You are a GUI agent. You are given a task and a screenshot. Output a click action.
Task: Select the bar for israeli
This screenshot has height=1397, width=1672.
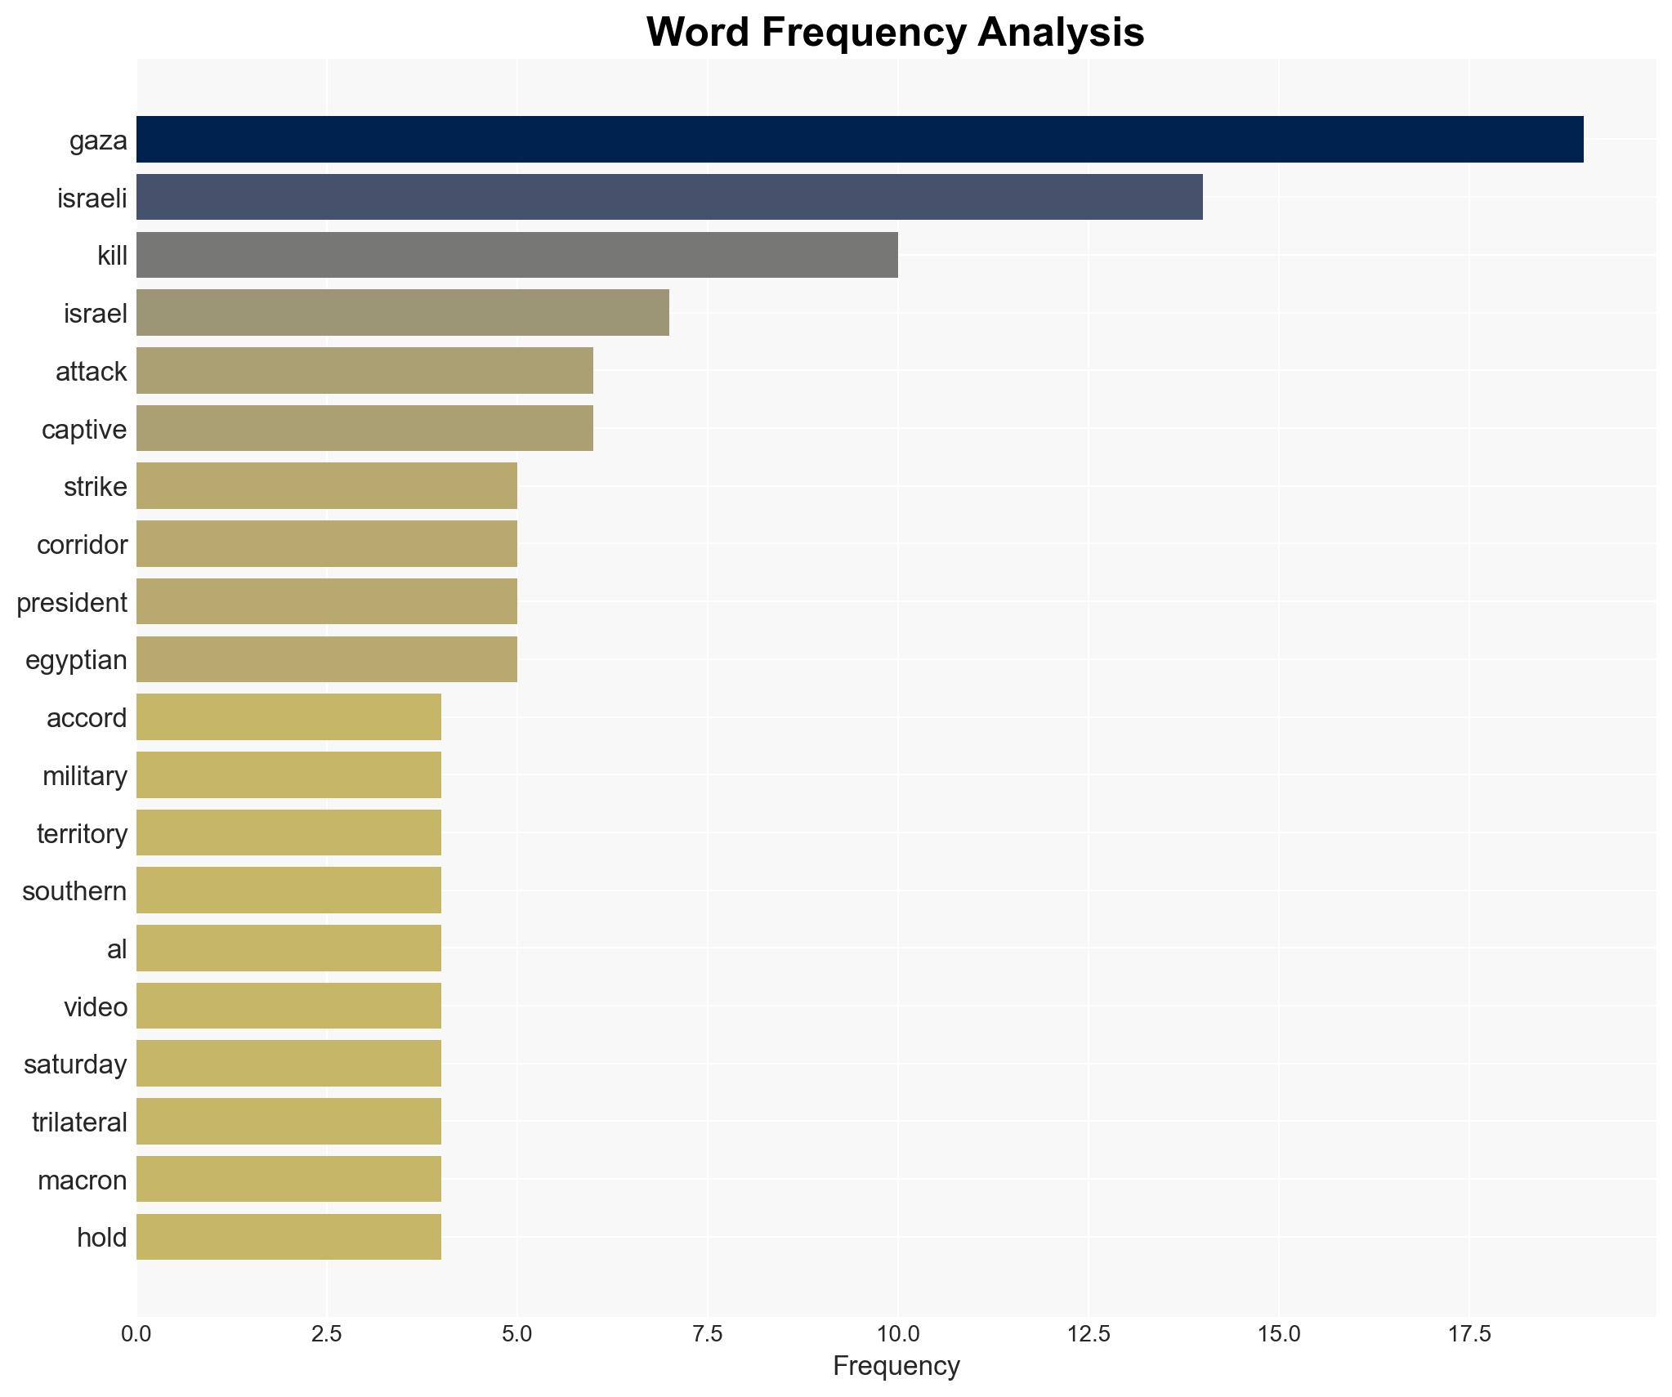coord(668,197)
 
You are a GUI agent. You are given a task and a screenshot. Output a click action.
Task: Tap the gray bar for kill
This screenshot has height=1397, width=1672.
coord(516,255)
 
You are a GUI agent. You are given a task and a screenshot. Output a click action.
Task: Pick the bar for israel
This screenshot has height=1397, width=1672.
coord(402,313)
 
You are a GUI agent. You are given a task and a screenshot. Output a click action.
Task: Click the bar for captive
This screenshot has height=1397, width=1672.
coord(364,428)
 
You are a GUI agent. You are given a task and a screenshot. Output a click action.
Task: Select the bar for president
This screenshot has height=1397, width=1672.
coord(326,601)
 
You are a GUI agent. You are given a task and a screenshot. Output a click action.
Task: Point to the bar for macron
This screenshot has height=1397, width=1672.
coord(288,1179)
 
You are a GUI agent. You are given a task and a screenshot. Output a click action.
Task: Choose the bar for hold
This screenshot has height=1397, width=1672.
coord(288,1237)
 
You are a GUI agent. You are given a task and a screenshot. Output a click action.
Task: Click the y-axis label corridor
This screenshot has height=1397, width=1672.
coord(82,545)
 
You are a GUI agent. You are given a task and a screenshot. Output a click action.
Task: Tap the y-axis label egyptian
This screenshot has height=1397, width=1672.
coord(76,660)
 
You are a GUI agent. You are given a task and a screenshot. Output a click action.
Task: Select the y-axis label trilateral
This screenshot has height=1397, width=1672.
coord(79,1123)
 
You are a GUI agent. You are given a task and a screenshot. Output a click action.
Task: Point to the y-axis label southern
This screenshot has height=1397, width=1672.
coord(74,891)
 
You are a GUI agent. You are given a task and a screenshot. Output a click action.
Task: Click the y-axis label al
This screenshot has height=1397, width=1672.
coord(117,949)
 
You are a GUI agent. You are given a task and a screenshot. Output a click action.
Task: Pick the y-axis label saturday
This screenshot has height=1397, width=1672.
coord(75,1064)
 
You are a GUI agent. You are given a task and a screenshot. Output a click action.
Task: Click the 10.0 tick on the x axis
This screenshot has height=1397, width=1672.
coord(897,1335)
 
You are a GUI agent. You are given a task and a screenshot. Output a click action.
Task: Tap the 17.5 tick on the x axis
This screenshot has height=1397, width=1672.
coord(1469,1335)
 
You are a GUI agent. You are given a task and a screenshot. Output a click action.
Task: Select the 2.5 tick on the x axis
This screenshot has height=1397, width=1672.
coord(326,1335)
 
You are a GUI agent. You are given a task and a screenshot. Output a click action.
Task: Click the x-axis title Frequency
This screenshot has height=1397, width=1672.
coord(896,1366)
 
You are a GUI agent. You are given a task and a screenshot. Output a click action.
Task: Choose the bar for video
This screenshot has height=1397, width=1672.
coord(288,1006)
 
